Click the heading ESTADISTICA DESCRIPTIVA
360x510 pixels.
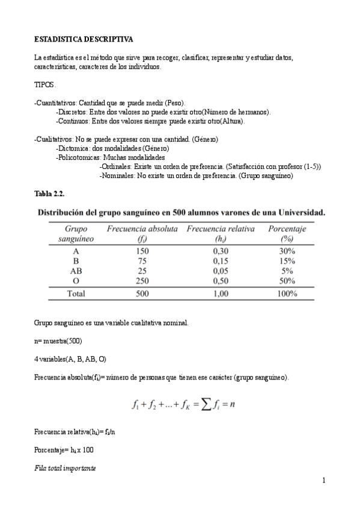click(84, 39)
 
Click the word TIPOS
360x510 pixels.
click(45, 85)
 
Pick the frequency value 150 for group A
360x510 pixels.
click(142, 251)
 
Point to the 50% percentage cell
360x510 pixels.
click(287, 281)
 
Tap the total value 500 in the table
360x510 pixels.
click(142, 294)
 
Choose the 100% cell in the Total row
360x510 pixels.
click(287, 294)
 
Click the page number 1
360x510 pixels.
click(323, 480)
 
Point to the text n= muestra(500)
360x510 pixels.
click(58, 341)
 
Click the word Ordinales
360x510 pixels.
click(115, 167)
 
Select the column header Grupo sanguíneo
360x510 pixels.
click(76, 233)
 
